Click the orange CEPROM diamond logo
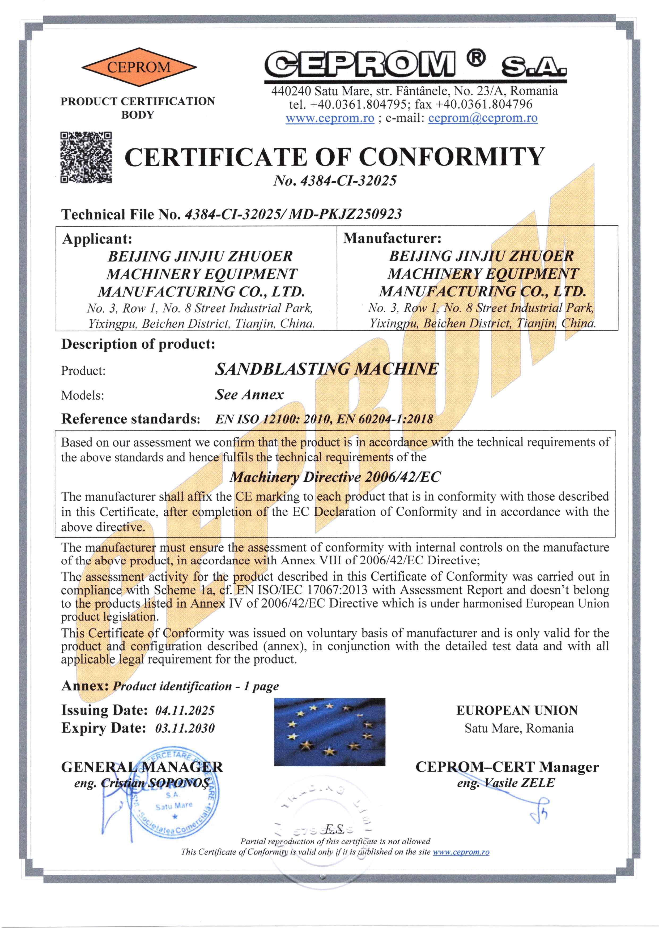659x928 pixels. (x=139, y=67)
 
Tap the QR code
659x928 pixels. (x=86, y=157)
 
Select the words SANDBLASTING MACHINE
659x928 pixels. (x=327, y=369)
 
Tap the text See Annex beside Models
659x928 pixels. (x=249, y=394)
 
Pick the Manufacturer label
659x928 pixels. (x=392, y=238)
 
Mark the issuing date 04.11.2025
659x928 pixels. (x=185, y=710)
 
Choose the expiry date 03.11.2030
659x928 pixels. (x=185, y=728)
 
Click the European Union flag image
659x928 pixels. (x=329, y=732)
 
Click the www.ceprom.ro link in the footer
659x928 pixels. (x=461, y=852)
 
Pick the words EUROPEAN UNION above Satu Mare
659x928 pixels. (x=517, y=710)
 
